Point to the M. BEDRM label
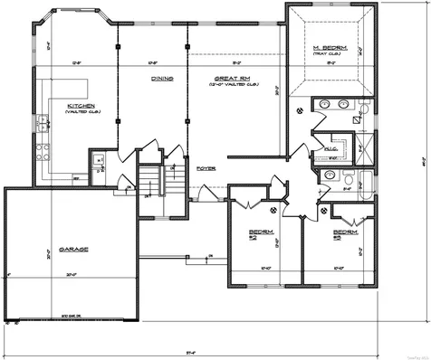click(x=327, y=47)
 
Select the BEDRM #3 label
click(x=345, y=233)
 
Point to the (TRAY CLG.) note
click(x=327, y=54)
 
